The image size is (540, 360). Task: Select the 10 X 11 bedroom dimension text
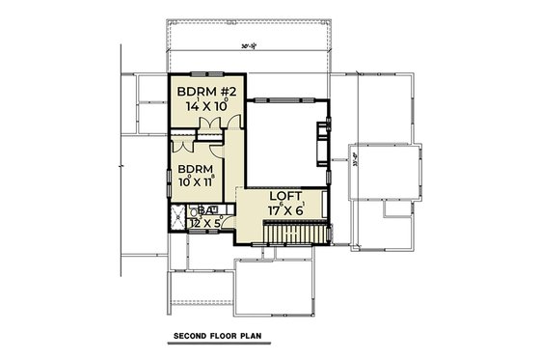point(196,180)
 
